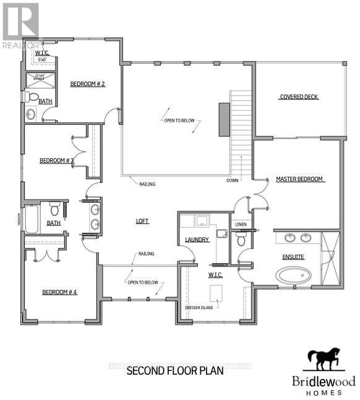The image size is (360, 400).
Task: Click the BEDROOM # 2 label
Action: [87, 83]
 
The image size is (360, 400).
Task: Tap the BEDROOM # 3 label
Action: [57, 161]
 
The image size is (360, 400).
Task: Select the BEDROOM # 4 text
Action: [59, 292]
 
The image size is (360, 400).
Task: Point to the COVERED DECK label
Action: [299, 96]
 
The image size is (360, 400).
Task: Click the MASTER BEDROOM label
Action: [300, 179]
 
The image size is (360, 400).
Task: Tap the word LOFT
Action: [143, 221]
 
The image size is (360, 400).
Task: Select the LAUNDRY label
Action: [197, 239]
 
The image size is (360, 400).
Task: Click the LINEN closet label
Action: [240, 224]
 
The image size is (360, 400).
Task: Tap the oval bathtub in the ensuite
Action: [293, 275]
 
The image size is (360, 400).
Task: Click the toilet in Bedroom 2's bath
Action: [31, 97]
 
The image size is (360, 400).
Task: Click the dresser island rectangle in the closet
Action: [216, 292]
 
